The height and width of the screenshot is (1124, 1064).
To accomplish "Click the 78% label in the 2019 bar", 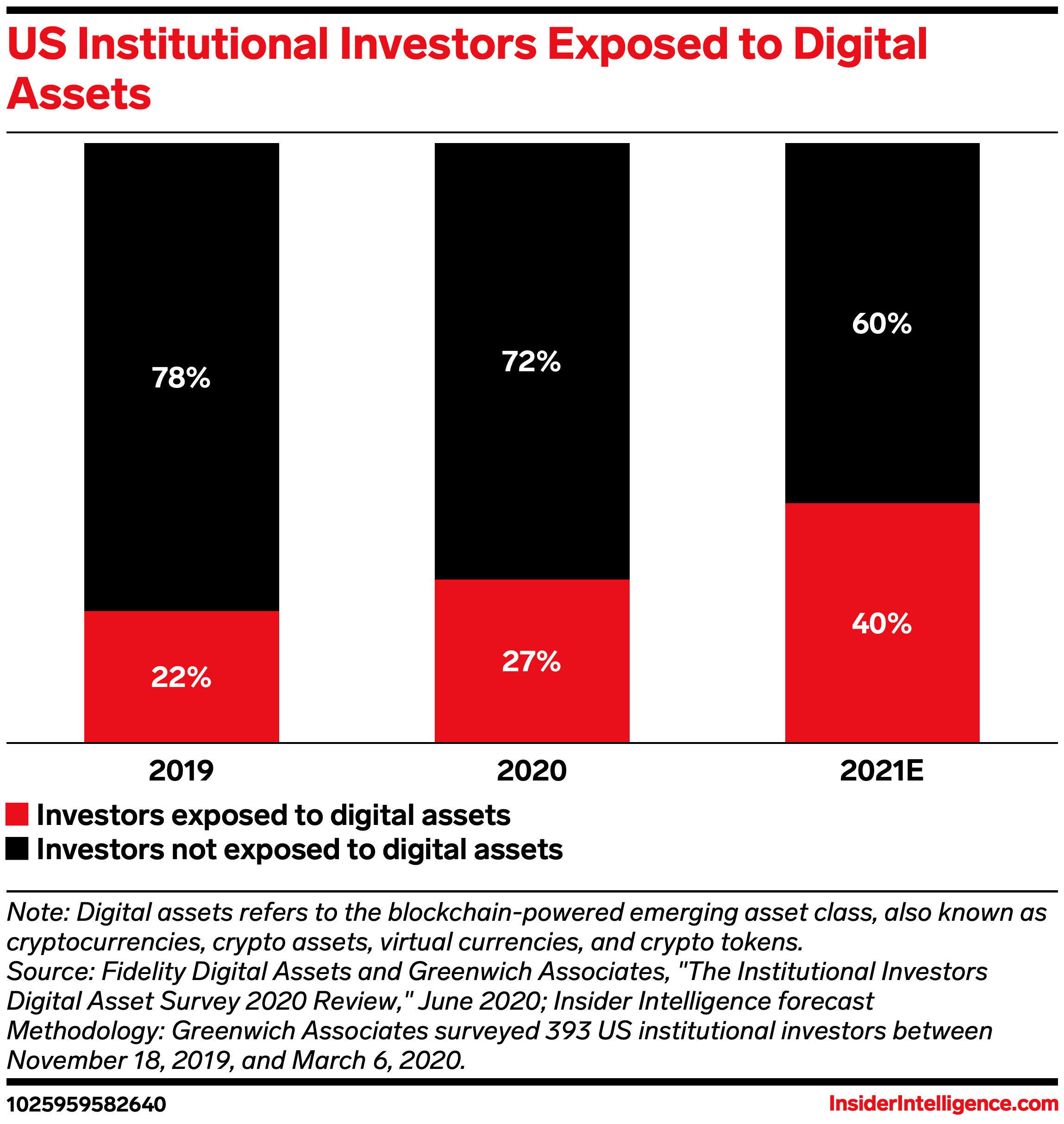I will pos(181,378).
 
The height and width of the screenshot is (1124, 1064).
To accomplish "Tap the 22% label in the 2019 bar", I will pos(181,677).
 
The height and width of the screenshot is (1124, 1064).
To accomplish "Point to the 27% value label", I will pos(532,661).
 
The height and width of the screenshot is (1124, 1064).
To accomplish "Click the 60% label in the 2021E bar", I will pos(882,324).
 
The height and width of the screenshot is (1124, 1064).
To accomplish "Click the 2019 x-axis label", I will pos(181,771).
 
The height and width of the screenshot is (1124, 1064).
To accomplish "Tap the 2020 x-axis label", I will pos(532,771).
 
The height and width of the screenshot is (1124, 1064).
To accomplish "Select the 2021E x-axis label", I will pos(882,771).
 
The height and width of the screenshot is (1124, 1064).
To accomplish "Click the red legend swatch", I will pos(17,814).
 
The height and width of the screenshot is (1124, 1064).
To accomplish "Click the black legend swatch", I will pos(17,849).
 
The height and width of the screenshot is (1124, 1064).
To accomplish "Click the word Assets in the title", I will pos(79,94).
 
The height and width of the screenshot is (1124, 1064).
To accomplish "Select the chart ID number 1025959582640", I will pos(86,1104).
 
